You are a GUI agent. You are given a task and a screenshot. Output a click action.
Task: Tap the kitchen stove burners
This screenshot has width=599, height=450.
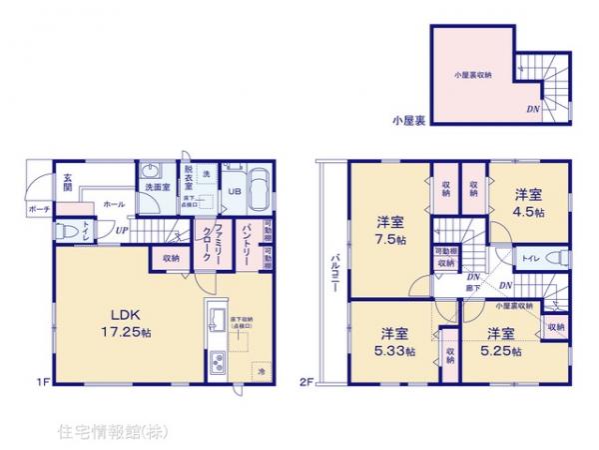(x=216, y=361)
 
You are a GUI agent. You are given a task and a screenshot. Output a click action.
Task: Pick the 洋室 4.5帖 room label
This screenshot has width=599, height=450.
(x=530, y=204)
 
